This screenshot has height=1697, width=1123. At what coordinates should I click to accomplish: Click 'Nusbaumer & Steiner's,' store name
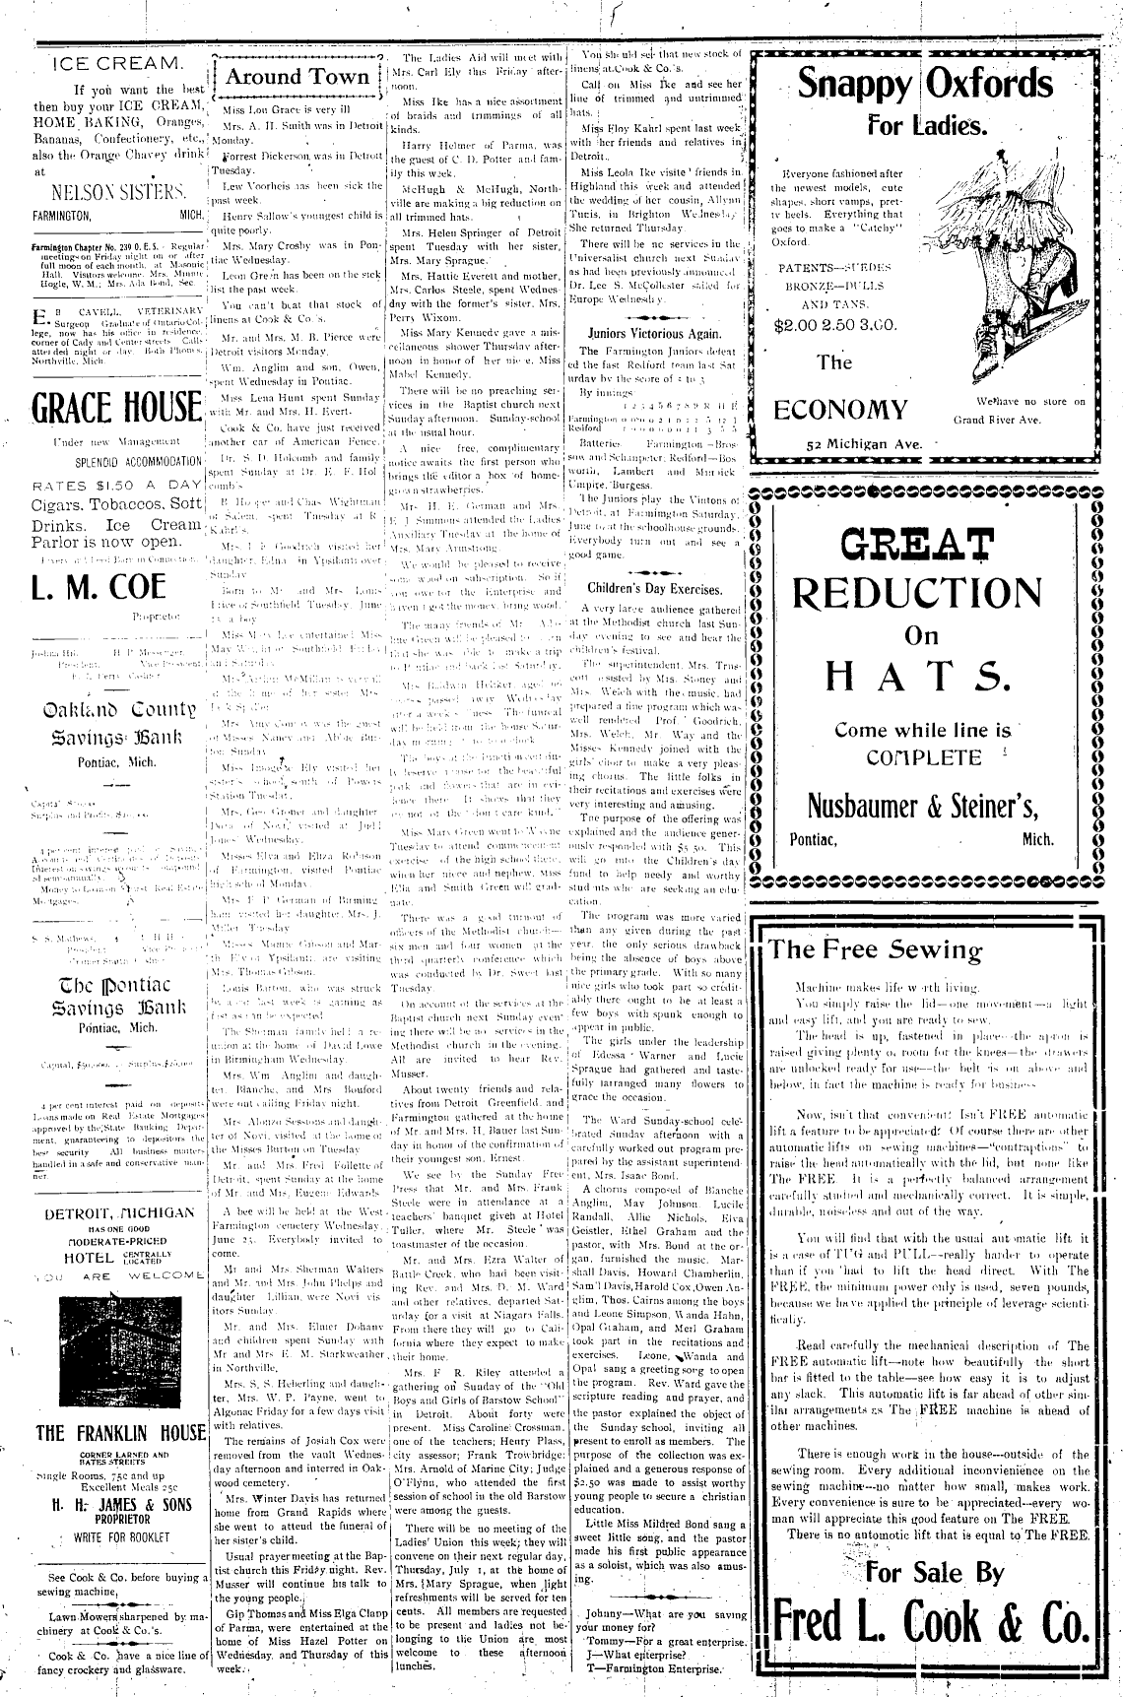tap(923, 806)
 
